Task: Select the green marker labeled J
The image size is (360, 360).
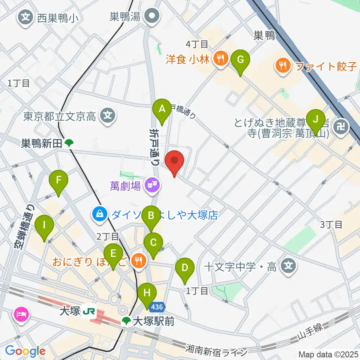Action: point(316,120)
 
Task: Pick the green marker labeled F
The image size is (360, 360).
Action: point(58,180)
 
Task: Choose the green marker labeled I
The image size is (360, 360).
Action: point(44,226)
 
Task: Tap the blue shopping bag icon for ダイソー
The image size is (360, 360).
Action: point(99,215)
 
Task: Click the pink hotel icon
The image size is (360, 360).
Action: point(21,313)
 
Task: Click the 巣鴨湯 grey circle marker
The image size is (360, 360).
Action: point(153,16)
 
